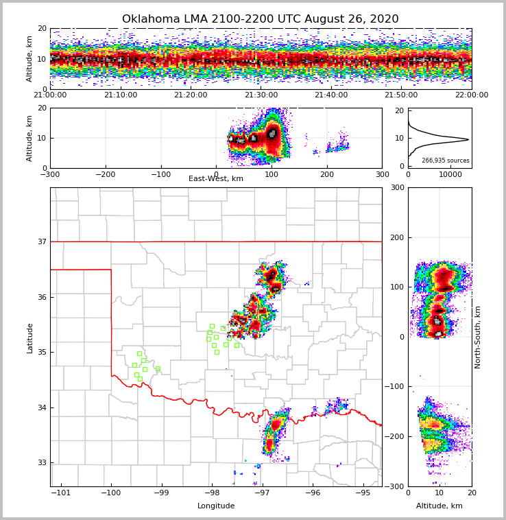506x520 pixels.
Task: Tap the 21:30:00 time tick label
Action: [261, 95]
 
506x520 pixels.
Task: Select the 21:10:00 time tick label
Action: [120, 95]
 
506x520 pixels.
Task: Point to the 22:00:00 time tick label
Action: [472, 95]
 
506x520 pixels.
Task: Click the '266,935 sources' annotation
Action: [446, 161]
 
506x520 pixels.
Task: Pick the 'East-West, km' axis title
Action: [216, 179]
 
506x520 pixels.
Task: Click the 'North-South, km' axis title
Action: [478, 337]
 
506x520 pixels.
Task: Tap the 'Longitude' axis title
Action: [216, 506]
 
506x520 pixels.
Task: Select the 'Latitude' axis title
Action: [29, 338]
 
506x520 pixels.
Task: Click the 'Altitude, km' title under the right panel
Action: [439, 506]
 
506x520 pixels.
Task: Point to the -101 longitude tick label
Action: [61, 493]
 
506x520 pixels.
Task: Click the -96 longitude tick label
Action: [312, 493]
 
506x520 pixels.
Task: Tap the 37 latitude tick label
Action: [41, 241]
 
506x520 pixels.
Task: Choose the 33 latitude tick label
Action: [41, 462]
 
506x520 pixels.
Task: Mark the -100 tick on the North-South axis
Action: [396, 387]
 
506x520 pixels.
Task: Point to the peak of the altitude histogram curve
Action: [468, 140]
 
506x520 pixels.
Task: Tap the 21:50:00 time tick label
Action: [401, 95]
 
